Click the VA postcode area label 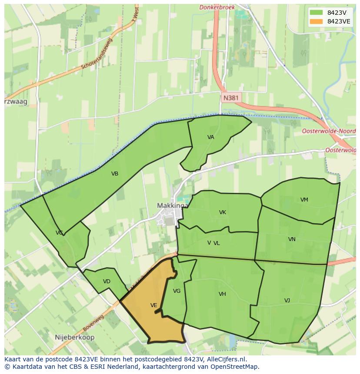point(210,137)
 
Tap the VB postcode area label point(115,174)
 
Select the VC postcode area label point(59,233)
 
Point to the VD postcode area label point(107,281)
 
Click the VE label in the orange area point(153,305)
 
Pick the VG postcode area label point(177,291)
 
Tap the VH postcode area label point(222,294)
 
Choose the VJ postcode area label point(287,301)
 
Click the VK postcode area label point(223,212)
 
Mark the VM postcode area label point(304,200)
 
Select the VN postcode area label point(292,239)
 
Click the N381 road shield point(230,98)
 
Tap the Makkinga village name point(172,205)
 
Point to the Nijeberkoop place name point(75,337)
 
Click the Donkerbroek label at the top point(217,7)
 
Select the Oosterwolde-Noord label point(328,131)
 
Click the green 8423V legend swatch point(316,13)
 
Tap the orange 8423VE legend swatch point(316,21)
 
